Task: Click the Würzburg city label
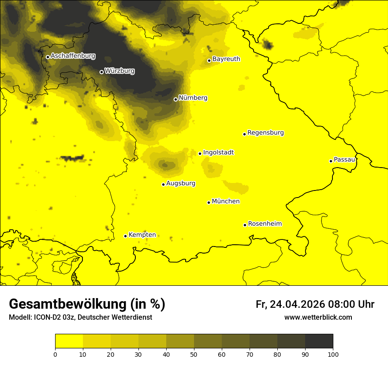119,71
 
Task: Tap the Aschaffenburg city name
73,56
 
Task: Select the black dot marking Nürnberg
175,99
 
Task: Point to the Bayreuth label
226,59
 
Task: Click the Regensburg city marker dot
244,134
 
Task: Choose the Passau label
344,160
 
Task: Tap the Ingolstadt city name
218,153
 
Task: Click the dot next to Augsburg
163,184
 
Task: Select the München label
226,202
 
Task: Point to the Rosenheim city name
265,224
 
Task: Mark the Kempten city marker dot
125,236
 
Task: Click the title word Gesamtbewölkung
68,304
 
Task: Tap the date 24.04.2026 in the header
297,304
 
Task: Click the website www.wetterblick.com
318,317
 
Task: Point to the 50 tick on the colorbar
194,354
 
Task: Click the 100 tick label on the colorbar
333,354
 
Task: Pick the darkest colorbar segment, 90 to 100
319,341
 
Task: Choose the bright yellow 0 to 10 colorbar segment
69,341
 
